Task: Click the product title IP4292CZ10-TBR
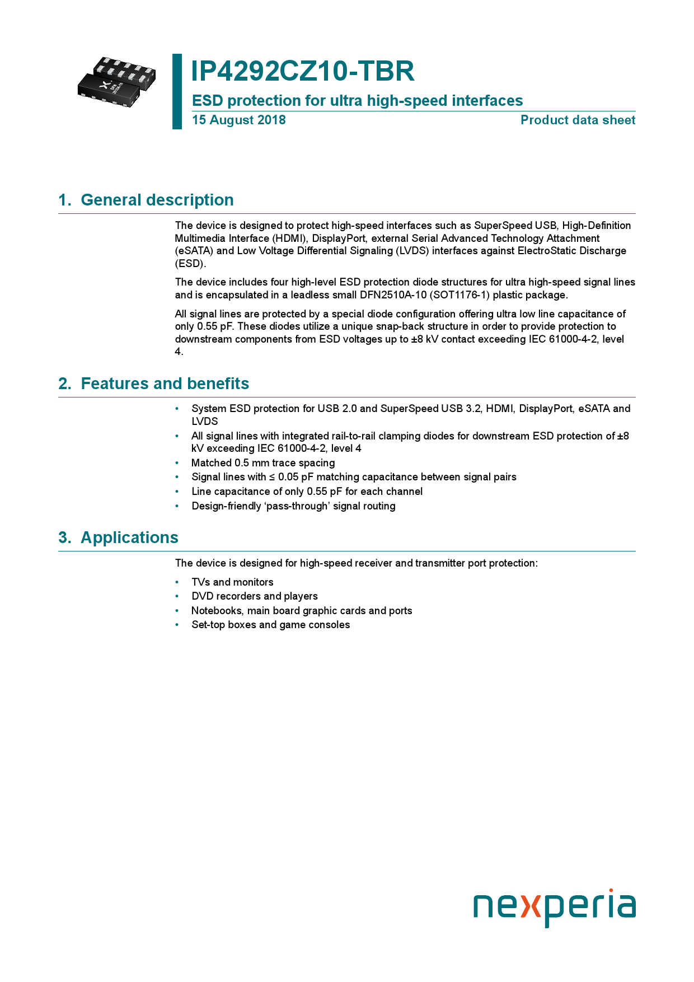tap(303, 72)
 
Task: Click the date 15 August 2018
tap(238, 120)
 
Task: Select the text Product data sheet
tap(578, 120)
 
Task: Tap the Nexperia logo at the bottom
tap(554, 906)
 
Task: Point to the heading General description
tap(157, 200)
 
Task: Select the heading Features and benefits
tap(165, 384)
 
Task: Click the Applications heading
tap(129, 537)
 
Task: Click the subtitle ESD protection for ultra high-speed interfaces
tap(357, 101)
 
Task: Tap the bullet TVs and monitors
tap(232, 582)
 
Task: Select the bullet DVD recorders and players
tap(254, 596)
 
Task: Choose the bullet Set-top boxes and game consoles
tap(270, 625)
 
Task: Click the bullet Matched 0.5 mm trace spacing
tap(263, 463)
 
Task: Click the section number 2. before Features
tap(65, 384)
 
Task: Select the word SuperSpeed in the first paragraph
tap(500, 226)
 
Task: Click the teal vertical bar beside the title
tap(177, 91)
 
